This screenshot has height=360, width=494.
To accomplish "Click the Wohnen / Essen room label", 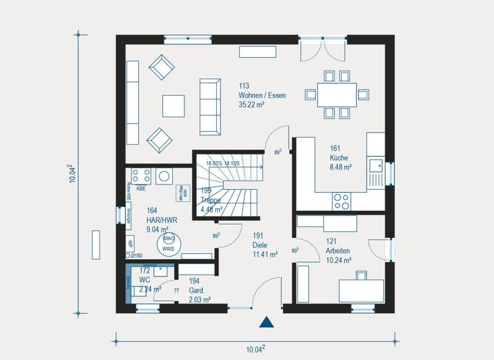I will click(262, 95).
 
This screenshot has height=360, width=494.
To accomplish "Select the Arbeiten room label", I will click(338, 251).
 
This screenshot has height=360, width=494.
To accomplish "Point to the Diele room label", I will click(259, 245).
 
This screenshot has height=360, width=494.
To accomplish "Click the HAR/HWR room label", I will click(161, 219).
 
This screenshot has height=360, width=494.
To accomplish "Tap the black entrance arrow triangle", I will click(266, 323).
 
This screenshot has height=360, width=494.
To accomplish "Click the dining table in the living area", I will click(336, 94).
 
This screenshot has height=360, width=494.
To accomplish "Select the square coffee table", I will click(173, 105).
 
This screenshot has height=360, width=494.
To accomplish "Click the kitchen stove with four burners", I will click(342, 201).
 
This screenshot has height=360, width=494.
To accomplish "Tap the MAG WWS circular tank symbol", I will click(169, 243).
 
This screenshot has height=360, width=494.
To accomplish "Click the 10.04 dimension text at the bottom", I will click(255, 349).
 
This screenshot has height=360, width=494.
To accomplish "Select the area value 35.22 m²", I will click(252, 104).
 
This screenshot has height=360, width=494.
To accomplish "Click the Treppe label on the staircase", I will click(211, 200).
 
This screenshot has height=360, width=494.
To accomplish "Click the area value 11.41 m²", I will click(265, 255).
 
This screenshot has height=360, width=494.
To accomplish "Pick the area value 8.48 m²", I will click(340, 167).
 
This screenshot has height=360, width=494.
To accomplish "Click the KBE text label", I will click(141, 189).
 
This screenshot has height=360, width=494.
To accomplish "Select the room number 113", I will click(244, 85).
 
